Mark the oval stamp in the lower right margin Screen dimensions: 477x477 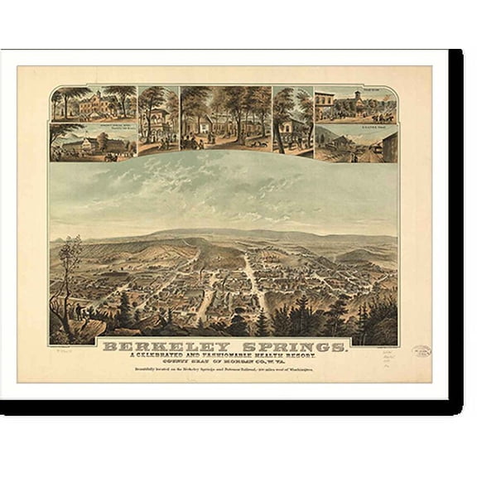coord(422,351)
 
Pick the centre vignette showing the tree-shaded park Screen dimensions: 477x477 coord(224,118)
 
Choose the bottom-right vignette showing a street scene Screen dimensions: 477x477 coord(355,143)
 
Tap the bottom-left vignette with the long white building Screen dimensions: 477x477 coord(94,143)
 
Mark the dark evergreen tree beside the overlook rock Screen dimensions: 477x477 coord(125,311)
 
